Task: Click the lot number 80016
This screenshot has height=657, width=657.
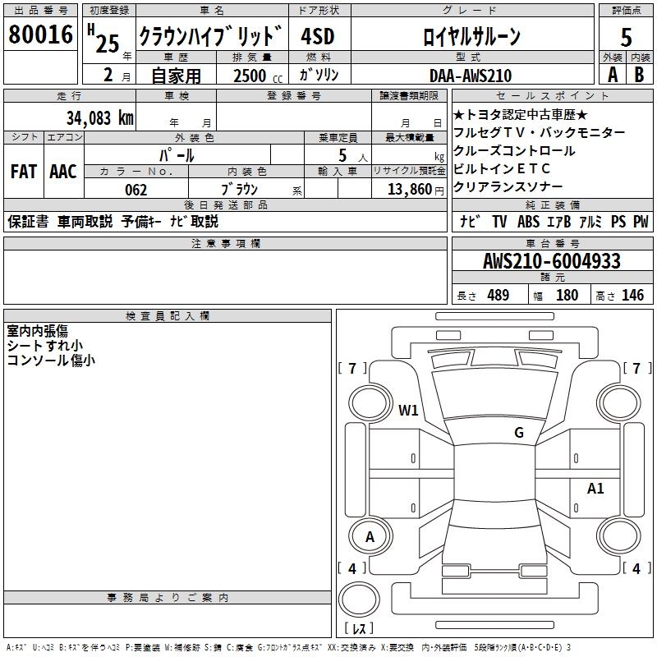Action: click(x=40, y=34)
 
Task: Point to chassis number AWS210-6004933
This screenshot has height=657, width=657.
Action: click(x=552, y=262)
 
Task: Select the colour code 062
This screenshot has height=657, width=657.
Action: click(x=136, y=190)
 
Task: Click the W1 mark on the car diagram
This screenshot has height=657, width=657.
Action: click(x=408, y=410)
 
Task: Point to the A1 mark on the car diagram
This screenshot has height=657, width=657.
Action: click(x=595, y=489)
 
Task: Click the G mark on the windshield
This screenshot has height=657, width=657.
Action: click(x=518, y=433)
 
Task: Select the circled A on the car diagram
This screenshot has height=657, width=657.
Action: click(x=370, y=537)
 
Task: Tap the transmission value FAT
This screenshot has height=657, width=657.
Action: click(x=23, y=172)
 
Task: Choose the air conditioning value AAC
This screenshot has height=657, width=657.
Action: click(x=63, y=172)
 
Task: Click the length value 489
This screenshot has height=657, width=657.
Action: click(x=498, y=296)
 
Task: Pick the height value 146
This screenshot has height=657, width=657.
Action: click(x=632, y=296)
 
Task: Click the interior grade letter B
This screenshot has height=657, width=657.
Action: click(x=640, y=75)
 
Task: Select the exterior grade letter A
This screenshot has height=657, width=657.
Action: click(x=613, y=75)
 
